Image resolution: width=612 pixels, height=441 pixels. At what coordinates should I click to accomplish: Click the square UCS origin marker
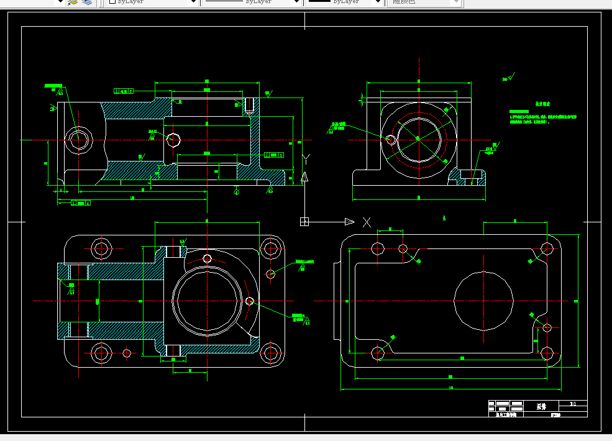304,222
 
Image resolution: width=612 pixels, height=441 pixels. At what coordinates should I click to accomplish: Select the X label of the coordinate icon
367,222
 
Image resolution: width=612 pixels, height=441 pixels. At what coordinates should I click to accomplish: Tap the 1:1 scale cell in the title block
572,404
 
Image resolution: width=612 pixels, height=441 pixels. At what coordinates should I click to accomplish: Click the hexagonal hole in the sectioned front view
79,139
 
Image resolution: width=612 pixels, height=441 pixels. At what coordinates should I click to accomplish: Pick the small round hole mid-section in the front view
173,139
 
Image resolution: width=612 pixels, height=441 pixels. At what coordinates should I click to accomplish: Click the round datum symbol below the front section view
236,192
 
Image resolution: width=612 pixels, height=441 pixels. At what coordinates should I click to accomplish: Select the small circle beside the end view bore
390,139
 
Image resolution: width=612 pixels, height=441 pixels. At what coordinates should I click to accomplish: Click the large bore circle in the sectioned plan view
206,301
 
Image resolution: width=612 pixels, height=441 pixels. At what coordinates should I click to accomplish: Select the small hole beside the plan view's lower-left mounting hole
127,353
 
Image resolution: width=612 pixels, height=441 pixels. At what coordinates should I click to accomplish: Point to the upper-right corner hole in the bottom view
547,248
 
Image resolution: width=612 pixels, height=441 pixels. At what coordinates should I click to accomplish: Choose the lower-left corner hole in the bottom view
377,353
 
